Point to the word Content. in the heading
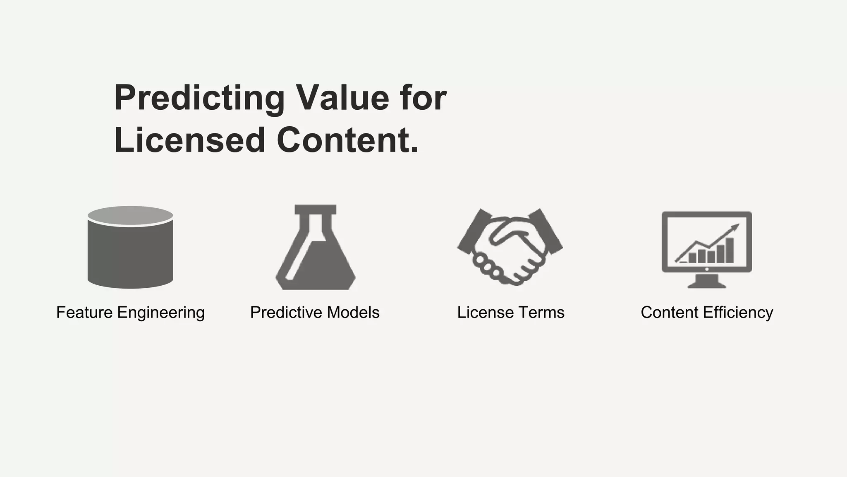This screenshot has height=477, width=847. pyautogui.click(x=347, y=140)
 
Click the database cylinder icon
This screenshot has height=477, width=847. pyautogui.click(x=130, y=253)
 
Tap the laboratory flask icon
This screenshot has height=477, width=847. pyautogui.click(x=316, y=253)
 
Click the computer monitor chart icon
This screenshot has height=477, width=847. pyautogui.click(x=707, y=248)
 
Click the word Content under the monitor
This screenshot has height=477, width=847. pyautogui.click(x=669, y=313)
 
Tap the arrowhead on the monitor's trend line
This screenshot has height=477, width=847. pyautogui.click(x=735, y=226)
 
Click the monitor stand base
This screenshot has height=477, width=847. pyautogui.click(x=707, y=284)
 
